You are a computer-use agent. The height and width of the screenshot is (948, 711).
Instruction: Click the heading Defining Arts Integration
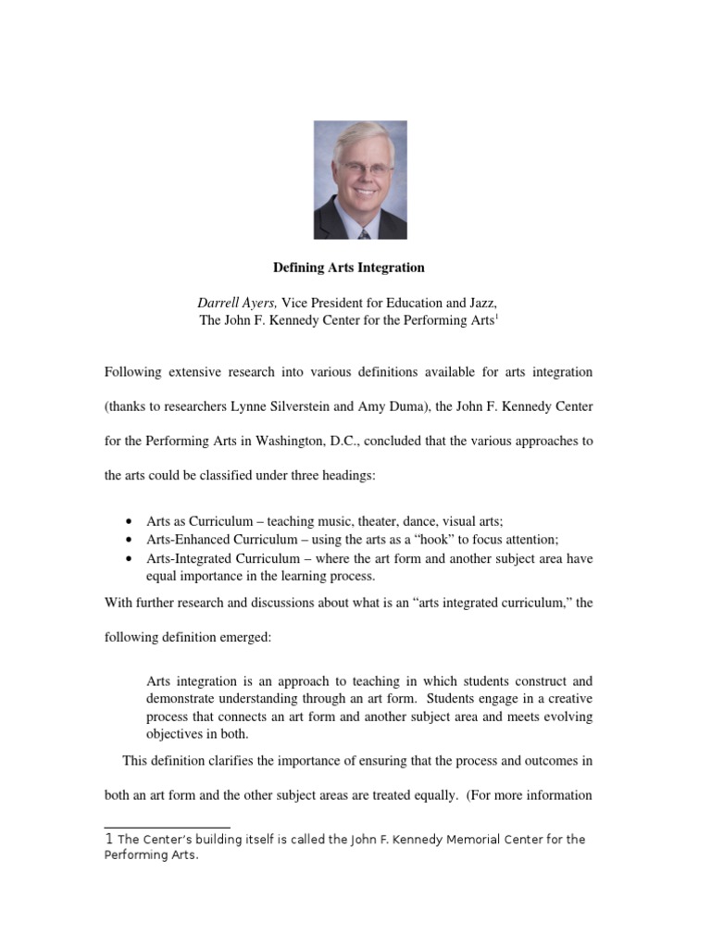pos(348,268)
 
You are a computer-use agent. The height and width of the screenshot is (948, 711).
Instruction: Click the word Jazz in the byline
pos(480,303)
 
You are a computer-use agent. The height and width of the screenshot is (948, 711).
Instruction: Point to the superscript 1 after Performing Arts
pos(497,318)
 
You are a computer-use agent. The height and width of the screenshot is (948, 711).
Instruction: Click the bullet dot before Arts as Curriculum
pos(127,521)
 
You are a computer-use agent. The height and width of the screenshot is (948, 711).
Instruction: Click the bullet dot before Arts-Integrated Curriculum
pos(127,558)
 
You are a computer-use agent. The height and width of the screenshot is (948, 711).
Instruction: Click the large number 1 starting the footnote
pos(109,840)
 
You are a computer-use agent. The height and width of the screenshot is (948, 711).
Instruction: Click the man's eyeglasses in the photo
pos(358,170)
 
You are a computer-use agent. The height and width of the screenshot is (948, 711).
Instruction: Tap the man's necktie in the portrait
pos(363,232)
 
